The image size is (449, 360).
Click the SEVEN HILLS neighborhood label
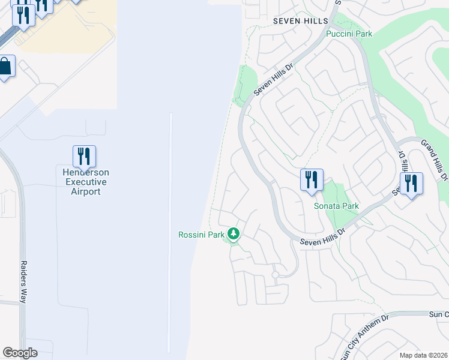click(300, 21)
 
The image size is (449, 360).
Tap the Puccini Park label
click(349, 34)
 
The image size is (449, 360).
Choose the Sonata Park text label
click(336, 206)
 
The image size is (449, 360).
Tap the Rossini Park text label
click(201, 235)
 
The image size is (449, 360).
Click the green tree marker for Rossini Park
click(234, 234)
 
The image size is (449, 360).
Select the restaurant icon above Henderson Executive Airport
click(84, 157)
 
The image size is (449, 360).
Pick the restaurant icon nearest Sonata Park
click(312, 179)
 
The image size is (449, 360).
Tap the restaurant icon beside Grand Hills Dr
click(411, 183)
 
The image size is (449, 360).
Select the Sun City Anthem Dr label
click(365, 333)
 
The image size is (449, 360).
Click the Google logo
click(20, 353)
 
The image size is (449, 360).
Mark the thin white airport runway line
click(171, 234)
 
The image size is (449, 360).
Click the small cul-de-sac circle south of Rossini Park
click(276, 275)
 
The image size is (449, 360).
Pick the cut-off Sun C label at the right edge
click(438, 314)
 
